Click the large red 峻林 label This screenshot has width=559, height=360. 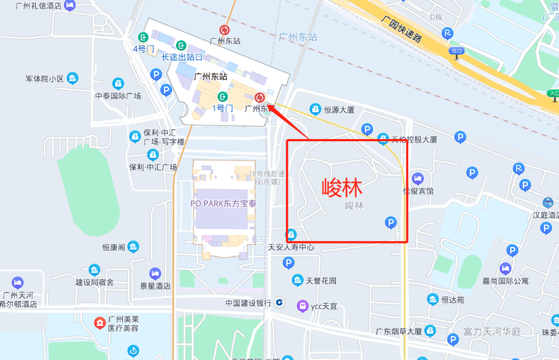coord(342,188)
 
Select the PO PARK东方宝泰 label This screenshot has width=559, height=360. coord(223,203)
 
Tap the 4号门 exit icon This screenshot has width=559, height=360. coord(143,37)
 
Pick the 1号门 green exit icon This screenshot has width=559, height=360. coord(223,97)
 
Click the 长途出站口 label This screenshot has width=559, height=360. coord(182,57)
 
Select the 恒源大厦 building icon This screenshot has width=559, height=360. coord(315,109)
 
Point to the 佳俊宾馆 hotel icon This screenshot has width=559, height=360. coord(418,179)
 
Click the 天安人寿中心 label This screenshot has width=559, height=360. coord(291,247)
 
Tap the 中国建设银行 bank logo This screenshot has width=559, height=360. coord(279,302)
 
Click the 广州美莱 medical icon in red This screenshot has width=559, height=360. coord(99,323)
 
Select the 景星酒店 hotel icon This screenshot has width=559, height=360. coord(155,274)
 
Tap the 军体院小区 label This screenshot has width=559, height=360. coord(45,79)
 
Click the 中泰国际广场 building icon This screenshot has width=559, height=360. coord(118,84)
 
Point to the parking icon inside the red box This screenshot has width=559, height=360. coord(391,222)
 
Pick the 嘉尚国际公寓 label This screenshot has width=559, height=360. coord(506,281)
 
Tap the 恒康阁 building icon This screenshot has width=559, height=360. coord(134,247)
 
